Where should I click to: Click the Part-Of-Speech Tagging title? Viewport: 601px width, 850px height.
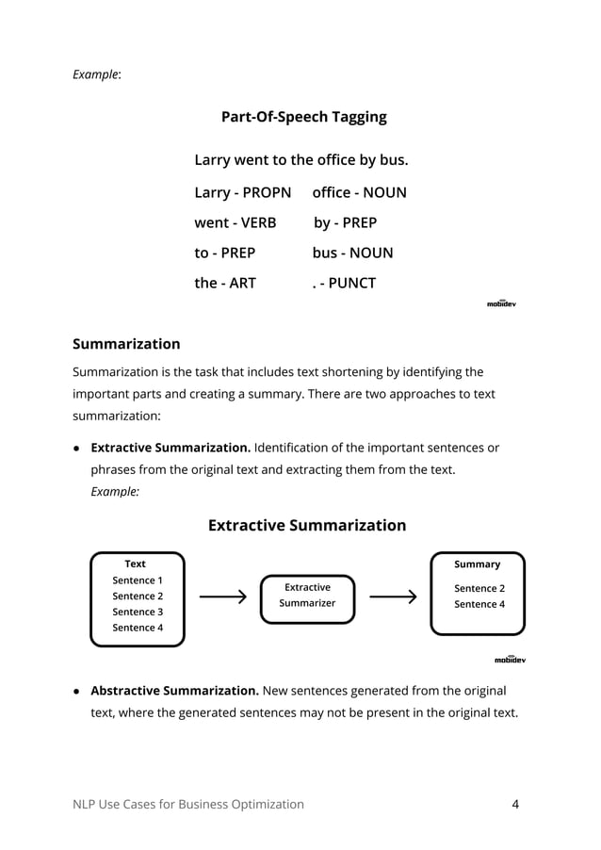click(x=303, y=118)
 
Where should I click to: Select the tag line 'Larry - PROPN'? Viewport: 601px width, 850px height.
click(x=242, y=193)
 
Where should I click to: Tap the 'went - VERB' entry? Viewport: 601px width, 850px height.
click(x=235, y=223)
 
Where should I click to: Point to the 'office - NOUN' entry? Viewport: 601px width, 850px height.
click(x=359, y=193)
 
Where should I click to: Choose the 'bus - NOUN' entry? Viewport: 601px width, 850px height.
click(x=352, y=253)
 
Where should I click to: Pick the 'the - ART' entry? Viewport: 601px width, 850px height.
click(x=224, y=283)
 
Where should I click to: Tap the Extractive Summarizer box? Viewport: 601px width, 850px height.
click(x=307, y=596)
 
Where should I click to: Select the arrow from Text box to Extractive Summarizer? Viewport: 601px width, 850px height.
click(x=223, y=597)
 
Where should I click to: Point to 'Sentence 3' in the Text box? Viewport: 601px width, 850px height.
click(x=138, y=612)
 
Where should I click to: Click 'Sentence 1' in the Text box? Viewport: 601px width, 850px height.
click(x=138, y=580)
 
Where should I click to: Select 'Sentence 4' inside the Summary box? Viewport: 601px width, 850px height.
click(x=479, y=604)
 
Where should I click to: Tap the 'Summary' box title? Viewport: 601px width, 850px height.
click(x=478, y=564)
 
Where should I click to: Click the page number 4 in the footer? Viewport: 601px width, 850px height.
click(x=515, y=804)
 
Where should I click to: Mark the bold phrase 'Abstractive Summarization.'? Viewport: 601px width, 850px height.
click(x=174, y=690)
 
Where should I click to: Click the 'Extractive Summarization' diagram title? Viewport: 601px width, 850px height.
click(x=306, y=526)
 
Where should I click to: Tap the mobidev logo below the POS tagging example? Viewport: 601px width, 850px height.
click(x=501, y=303)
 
